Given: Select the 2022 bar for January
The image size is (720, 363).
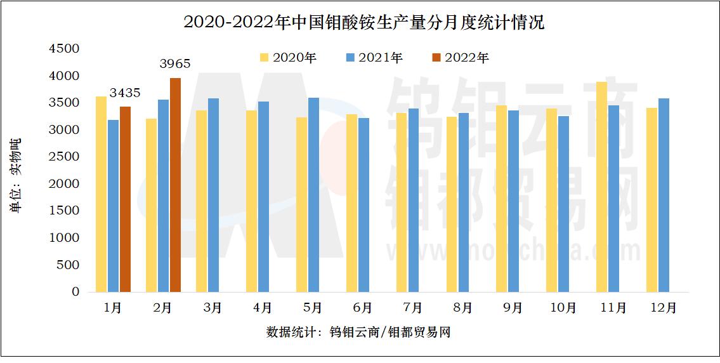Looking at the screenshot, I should point(125,199).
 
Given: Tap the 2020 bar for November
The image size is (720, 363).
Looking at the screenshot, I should point(601,187).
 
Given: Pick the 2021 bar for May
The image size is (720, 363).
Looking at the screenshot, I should point(313,195).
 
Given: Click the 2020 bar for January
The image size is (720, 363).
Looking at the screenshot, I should point(101,194).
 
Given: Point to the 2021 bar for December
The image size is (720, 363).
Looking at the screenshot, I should point(664,195).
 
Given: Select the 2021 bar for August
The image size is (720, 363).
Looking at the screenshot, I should point(464,202).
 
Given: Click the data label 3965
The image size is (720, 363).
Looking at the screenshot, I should point(175,63).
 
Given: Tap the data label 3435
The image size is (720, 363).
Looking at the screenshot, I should point(125,93).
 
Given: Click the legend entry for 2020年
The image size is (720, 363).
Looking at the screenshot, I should point(288,58).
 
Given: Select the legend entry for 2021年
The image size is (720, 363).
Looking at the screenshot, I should point(374,58).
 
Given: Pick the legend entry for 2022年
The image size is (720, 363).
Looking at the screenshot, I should point(461,58).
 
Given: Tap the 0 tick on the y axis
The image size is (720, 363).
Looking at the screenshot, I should point(75,292).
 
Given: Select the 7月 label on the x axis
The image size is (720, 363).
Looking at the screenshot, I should point(412,308).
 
